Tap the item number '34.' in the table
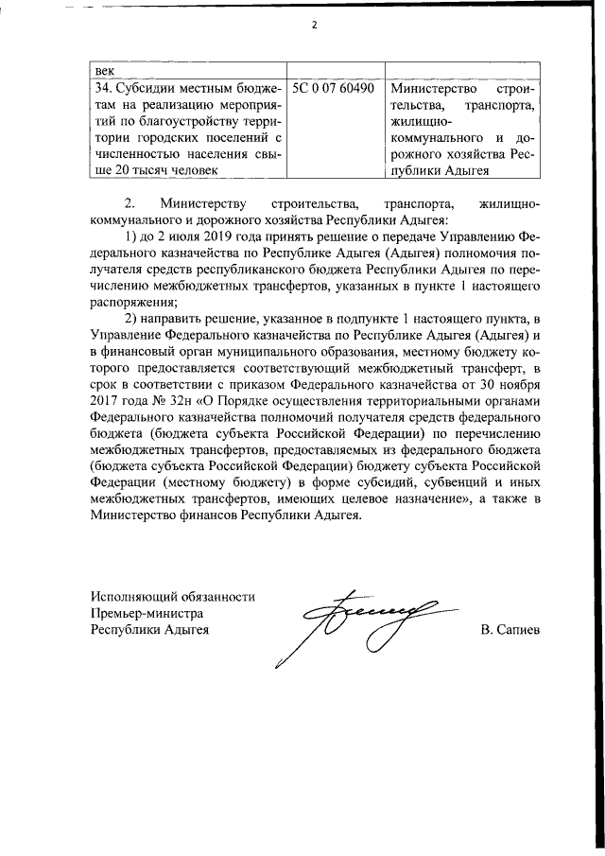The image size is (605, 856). (101, 88)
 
